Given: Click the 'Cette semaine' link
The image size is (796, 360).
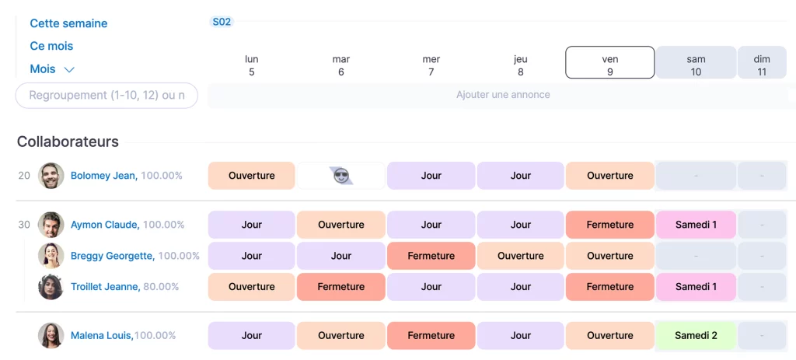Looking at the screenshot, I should [x=68, y=23].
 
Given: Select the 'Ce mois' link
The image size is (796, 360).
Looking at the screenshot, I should [x=51, y=46].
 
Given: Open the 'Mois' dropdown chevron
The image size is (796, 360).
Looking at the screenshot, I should [x=69, y=69].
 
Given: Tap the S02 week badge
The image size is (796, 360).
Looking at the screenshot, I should [x=222, y=22].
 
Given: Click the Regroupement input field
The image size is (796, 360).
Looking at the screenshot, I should [x=106, y=95].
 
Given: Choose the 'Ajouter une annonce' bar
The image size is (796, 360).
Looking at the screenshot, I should [x=502, y=95].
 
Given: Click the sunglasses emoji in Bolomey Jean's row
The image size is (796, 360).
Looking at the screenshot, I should [x=341, y=176].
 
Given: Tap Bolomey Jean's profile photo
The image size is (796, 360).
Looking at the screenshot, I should [x=51, y=176].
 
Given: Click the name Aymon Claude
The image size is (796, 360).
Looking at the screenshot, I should [x=104, y=225].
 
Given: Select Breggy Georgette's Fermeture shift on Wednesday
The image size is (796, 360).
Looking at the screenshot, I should [x=431, y=256].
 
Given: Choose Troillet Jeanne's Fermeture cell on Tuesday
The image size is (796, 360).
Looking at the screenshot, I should [x=341, y=287].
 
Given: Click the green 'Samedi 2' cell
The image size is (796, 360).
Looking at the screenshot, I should [x=696, y=336].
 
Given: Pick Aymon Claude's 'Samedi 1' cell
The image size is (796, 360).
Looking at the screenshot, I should [x=696, y=225].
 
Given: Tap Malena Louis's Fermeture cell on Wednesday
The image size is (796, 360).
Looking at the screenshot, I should [x=431, y=336].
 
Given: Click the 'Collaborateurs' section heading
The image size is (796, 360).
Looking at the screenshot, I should [x=68, y=142].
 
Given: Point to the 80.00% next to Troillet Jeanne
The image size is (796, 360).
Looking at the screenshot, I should [x=161, y=287].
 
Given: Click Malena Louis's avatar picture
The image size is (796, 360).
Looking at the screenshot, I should [x=51, y=336].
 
